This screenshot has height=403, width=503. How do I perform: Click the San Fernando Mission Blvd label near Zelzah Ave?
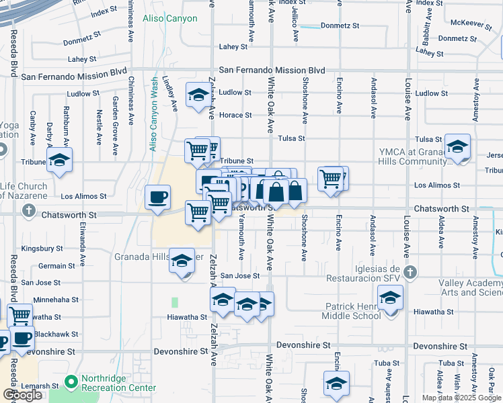272,70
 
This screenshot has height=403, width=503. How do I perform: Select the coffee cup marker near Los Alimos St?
158,197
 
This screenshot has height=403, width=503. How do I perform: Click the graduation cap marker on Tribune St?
59,161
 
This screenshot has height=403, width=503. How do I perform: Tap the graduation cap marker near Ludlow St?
199,95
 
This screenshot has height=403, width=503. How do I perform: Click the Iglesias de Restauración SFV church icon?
411,273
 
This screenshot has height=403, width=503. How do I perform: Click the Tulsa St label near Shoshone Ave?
292,138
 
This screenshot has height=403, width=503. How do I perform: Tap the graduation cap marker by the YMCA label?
457,146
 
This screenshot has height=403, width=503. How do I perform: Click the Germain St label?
52,266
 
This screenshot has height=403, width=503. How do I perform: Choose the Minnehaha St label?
56,300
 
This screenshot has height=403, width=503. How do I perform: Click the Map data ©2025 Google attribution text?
461,398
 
